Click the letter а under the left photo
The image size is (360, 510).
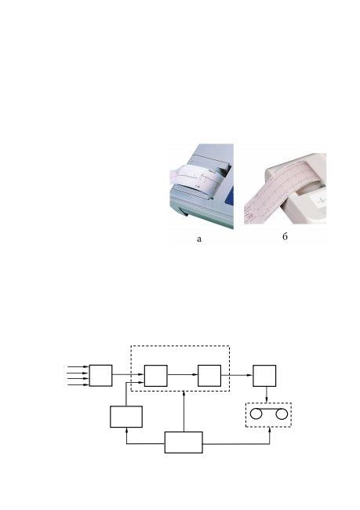pos(199,239)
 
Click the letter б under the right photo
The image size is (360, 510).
pos(285,236)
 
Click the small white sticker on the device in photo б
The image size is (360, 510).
pos(319,202)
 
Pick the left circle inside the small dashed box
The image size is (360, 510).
pos(256,414)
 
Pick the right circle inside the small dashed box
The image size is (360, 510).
pos(282,414)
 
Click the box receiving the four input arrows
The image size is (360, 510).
pos(101,376)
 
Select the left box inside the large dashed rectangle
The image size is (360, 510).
pos(156,376)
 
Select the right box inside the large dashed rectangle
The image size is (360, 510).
pos(209,376)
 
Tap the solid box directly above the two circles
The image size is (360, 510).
pos(265,376)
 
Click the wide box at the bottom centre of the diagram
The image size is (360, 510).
pos(184,443)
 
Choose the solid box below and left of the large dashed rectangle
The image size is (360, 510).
pos(126,417)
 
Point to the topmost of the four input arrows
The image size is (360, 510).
pos(78,366)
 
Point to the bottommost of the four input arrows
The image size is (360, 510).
pos(78,384)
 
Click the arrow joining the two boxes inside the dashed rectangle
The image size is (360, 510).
pos(183,374)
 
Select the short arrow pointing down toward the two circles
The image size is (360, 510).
pos(267,395)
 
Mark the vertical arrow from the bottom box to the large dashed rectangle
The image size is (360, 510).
pos(184,411)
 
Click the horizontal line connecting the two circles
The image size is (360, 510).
pos(268,409)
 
